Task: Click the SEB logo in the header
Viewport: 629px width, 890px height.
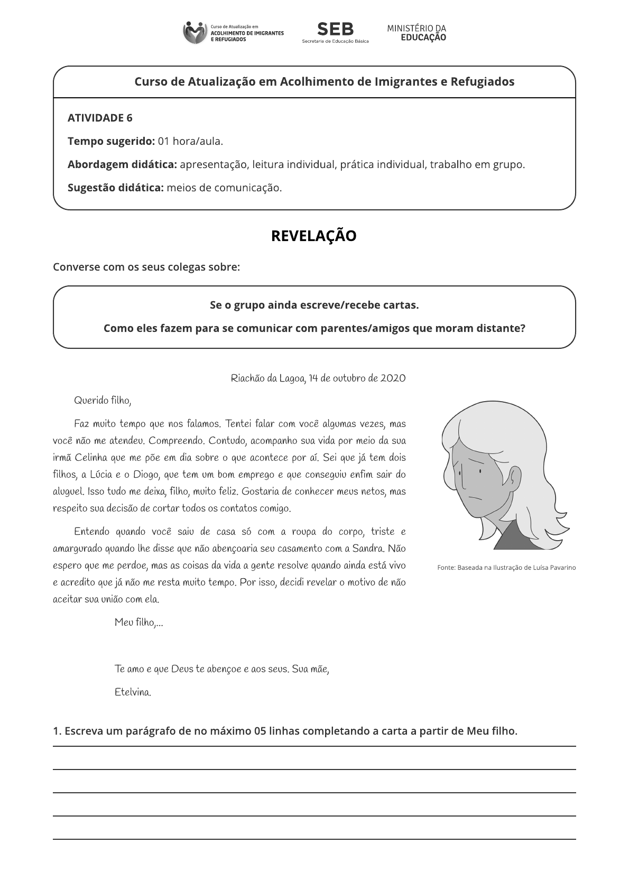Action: coord(335,32)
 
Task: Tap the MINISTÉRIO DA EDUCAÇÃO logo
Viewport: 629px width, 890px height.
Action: coord(417,33)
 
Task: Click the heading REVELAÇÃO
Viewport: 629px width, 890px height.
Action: coord(314,236)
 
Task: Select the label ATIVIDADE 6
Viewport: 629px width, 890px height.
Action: coord(100,118)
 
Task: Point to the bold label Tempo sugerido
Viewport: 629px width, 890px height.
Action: coord(111,141)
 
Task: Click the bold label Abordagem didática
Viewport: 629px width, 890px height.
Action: coord(122,164)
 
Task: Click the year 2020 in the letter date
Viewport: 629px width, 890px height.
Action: coord(393,378)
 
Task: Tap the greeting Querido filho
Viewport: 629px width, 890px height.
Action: coord(103,401)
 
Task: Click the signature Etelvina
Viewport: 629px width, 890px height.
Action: coord(133,692)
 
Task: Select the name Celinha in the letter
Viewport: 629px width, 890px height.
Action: coord(91,458)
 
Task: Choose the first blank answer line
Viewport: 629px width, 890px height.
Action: coord(314,746)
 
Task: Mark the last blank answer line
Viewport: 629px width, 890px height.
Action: coord(314,839)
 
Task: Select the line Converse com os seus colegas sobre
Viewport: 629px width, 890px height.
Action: coord(146,267)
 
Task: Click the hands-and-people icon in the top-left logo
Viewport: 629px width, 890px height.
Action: coord(195,33)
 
